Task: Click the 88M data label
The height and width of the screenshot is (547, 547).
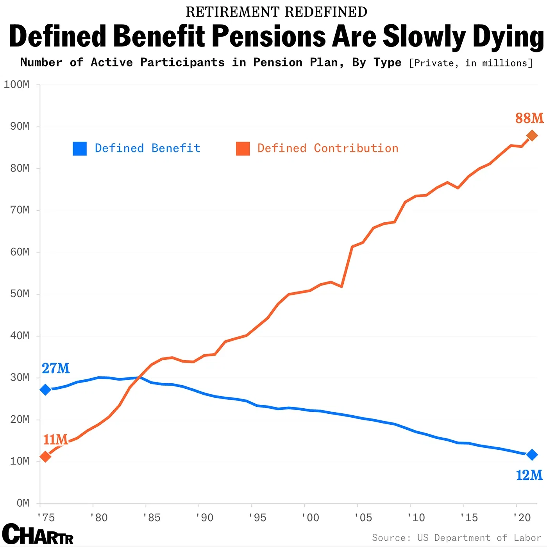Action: click(529, 118)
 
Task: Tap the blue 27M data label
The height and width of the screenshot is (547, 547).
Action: click(55, 368)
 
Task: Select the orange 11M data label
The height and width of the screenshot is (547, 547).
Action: click(55, 440)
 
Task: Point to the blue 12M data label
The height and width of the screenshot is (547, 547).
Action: click(529, 475)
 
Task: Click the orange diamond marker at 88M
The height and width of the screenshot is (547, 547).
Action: click(532, 136)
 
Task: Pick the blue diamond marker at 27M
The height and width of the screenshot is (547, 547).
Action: click(45, 390)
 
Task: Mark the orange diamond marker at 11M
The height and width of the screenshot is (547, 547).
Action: click(45, 456)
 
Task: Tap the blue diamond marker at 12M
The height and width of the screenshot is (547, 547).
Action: click(532, 455)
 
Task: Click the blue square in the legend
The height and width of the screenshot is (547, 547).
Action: click(80, 148)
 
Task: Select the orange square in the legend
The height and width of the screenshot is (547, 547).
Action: click(243, 148)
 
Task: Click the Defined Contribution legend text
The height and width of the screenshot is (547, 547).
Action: click(327, 148)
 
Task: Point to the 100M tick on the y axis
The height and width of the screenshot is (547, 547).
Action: click(16, 85)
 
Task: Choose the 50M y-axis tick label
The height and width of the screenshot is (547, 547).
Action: click(20, 294)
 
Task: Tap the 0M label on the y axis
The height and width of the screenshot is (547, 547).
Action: click(23, 503)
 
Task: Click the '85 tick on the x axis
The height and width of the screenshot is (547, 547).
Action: click(151, 518)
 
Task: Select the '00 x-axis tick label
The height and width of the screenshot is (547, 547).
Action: click(310, 518)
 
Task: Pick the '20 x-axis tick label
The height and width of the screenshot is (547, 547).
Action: click(522, 518)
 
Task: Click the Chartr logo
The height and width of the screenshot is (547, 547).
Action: click(38, 534)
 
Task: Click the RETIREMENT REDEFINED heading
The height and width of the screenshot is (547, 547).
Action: click(276, 12)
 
